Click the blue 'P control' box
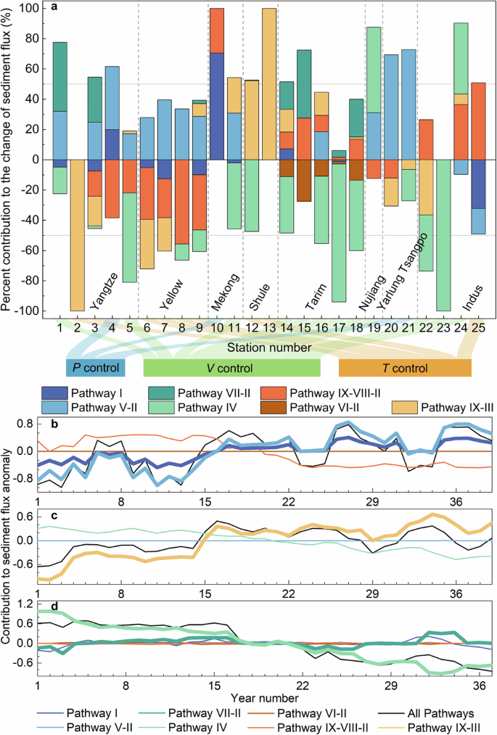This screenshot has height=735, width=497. point(95,367)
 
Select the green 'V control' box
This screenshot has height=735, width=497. point(231,367)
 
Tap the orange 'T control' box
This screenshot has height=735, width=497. point(404,367)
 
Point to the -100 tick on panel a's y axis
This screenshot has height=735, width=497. point(27,311)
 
